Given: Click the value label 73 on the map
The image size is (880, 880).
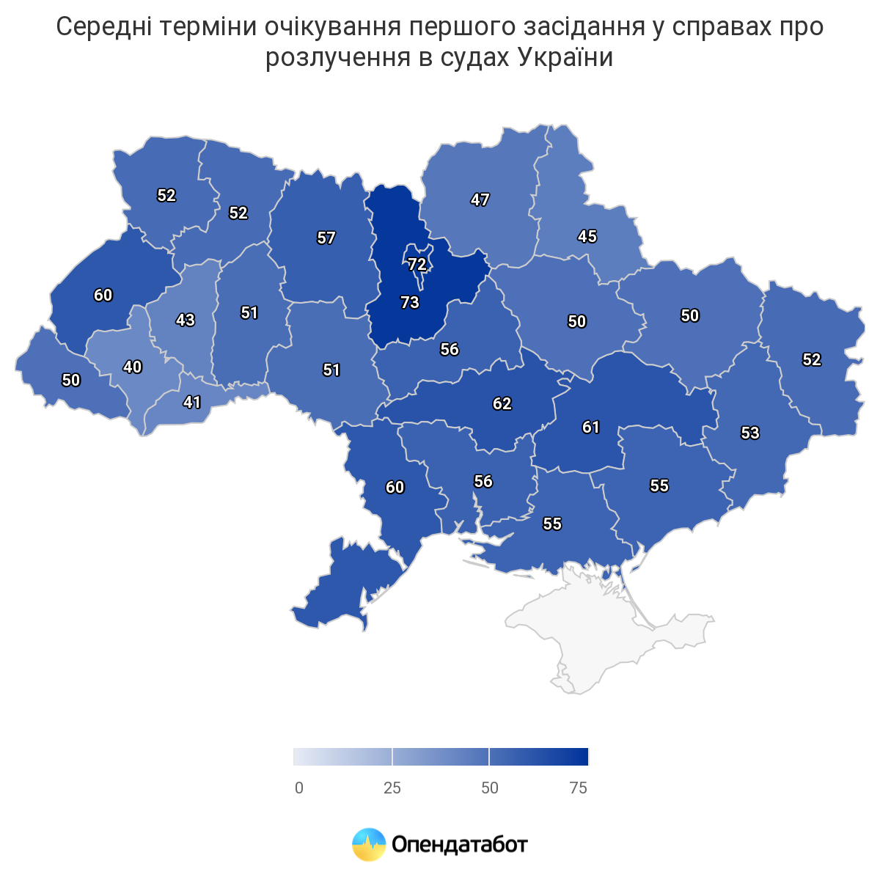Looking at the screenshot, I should coord(409,302).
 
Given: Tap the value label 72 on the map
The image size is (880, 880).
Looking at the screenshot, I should coord(417,264).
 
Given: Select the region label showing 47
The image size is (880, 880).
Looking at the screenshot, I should coord(480,199).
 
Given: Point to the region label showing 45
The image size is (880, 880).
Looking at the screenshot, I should coord(587,236).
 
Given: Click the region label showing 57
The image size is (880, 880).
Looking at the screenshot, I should coord(326,238).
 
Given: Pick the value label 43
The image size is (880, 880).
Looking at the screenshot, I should coord(186,320).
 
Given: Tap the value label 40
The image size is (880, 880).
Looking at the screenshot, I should coord(133,367).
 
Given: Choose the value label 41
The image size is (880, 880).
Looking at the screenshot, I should coord(192,402).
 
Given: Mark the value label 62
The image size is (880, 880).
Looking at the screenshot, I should coord(502,403).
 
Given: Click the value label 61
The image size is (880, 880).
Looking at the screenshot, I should coord(591,427).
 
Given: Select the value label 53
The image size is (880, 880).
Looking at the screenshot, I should coord(750,433).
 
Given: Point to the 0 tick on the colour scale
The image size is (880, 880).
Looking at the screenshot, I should coord(299,788).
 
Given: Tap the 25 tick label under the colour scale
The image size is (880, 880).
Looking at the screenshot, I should coord(392,788).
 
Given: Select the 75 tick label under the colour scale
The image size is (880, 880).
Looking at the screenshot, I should coord(578,788).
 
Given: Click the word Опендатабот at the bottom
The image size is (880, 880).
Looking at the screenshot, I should coord(460,845).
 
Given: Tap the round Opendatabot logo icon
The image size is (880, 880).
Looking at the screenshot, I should coord(369,845).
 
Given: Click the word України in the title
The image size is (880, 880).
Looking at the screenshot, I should coord(565,57).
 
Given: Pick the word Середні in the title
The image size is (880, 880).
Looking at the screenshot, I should coord(103,27).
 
